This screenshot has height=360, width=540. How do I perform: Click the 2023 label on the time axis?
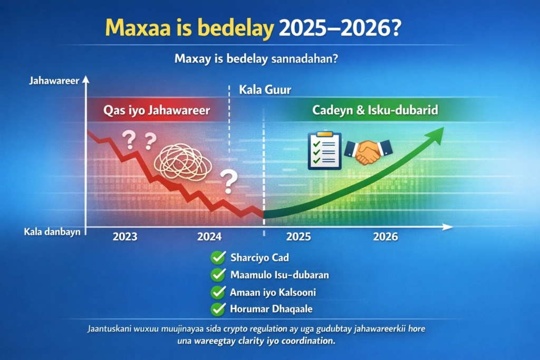pos(125,237)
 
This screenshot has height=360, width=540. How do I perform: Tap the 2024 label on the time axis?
pos(209,237)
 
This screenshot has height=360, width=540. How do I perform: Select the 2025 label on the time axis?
pos(298,237)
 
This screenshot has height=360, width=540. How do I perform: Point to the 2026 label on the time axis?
pos(385,237)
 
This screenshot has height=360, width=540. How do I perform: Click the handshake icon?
pos(368,151)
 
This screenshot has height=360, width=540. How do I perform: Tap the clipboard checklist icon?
pos(324,150)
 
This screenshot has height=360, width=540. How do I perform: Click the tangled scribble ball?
pos(182,162)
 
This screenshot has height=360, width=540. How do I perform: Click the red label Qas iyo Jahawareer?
pos(157,111)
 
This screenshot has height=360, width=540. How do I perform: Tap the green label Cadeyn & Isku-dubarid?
pos(375,110)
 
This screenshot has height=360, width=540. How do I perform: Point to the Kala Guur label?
pos(265,90)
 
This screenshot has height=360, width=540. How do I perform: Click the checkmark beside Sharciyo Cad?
pos(218,257)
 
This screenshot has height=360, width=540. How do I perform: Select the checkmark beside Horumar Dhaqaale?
pos(218,309)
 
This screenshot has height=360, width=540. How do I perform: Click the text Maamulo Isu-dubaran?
pos(279,275)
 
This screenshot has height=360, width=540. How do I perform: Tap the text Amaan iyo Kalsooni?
pos(273,292)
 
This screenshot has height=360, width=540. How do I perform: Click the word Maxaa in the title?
pos(138,28)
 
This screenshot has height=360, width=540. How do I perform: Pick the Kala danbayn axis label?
pos(52,232)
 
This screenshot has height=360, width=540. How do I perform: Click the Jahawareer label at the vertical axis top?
pos(54,81)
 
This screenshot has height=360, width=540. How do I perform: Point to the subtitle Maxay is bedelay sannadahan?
pos(256,59)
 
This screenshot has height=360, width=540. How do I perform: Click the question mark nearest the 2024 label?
pos(229,181)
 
